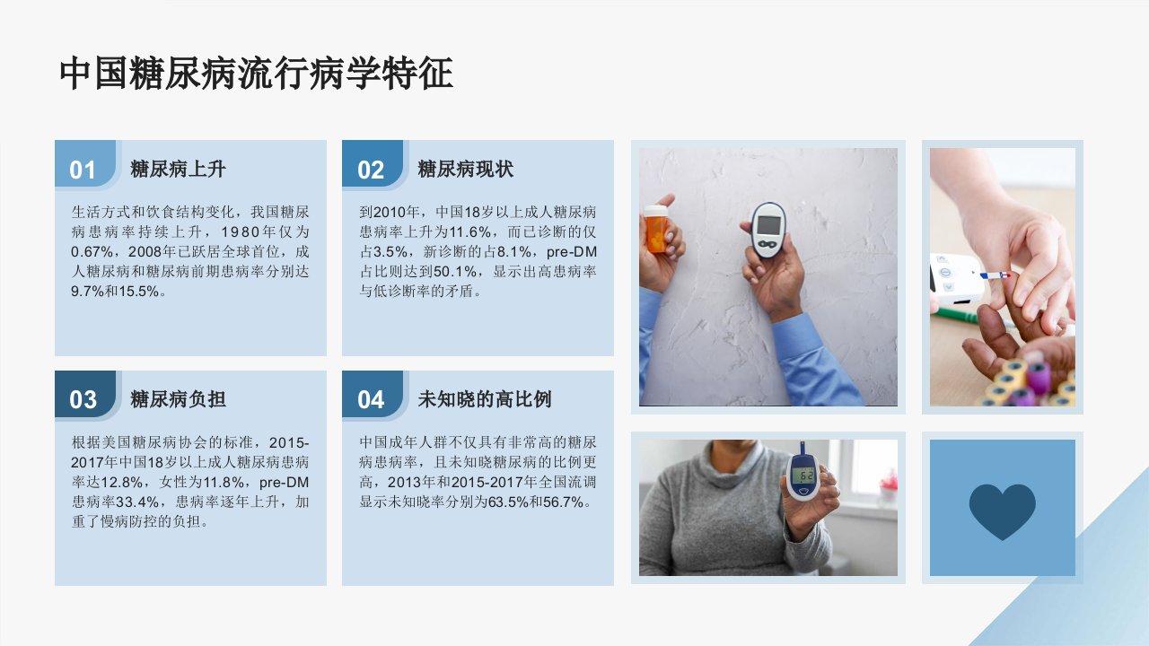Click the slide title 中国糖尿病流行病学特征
[x=256, y=74]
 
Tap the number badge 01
[x=83, y=170]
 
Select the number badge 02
[x=371, y=170]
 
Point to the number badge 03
[x=83, y=400]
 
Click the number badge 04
[x=371, y=400]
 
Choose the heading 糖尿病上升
[x=178, y=170]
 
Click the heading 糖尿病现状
[x=466, y=170]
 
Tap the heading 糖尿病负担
[x=178, y=399]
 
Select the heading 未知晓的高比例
[x=485, y=399]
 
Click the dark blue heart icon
[x=1003, y=511]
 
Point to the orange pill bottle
[x=656, y=229]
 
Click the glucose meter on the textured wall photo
[x=767, y=229]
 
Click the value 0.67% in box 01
[x=92, y=252]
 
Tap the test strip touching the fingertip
[x=996, y=275]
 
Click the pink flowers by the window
[x=889, y=482]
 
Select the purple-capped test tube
[x=1038, y=377]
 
